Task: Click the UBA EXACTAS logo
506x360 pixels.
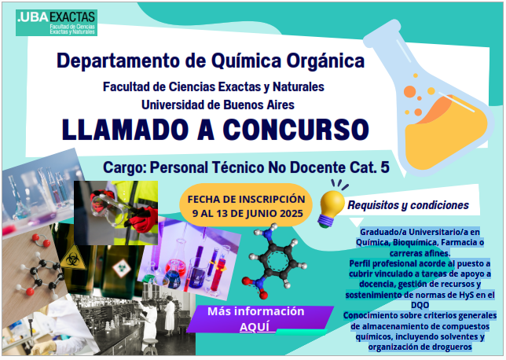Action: point(57,23)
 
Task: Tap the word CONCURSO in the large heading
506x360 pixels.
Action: point(296,130)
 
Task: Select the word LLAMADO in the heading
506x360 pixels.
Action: point(125,130)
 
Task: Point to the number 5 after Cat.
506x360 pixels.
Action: point(385,167)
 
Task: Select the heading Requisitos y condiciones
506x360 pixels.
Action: point(408,205)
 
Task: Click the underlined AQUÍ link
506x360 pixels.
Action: point(255,327)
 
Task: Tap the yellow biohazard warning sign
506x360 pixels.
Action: point(73,258)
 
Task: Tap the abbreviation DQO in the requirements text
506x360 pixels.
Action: point(420,305)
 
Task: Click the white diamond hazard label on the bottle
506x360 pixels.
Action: point(121,268)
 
